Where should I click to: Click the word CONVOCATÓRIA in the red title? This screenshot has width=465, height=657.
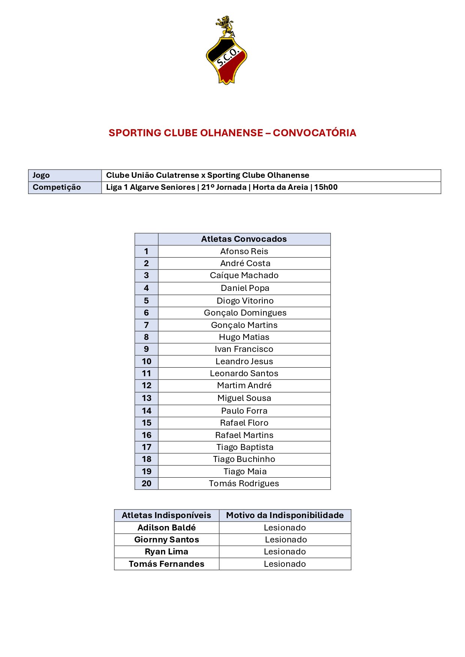(314, 133)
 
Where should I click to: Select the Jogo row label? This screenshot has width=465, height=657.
(41, 175)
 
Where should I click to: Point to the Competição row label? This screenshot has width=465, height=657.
(57, 187)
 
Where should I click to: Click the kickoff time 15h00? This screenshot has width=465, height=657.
(326, 187)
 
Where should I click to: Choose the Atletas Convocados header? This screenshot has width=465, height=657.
(244, 239)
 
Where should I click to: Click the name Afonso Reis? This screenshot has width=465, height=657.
(244, 251)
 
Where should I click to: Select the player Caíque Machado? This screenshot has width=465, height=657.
(244, 276)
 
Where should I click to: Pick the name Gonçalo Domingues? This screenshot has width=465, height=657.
(245, 313)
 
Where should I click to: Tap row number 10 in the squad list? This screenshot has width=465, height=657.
(147, 361)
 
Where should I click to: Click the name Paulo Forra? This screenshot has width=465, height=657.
(244, 411)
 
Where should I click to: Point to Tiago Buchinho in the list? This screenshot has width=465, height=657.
(244, 459)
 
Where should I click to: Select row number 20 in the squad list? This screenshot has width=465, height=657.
(147, 483)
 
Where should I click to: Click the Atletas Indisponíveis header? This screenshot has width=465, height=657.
(166, 515)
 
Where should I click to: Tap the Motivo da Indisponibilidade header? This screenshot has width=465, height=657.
(285, 515)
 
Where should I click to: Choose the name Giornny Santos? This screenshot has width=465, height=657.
(166, 539)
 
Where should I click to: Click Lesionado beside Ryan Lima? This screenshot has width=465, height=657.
(285, 551)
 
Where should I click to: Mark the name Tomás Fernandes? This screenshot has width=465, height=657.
(166, 564)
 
